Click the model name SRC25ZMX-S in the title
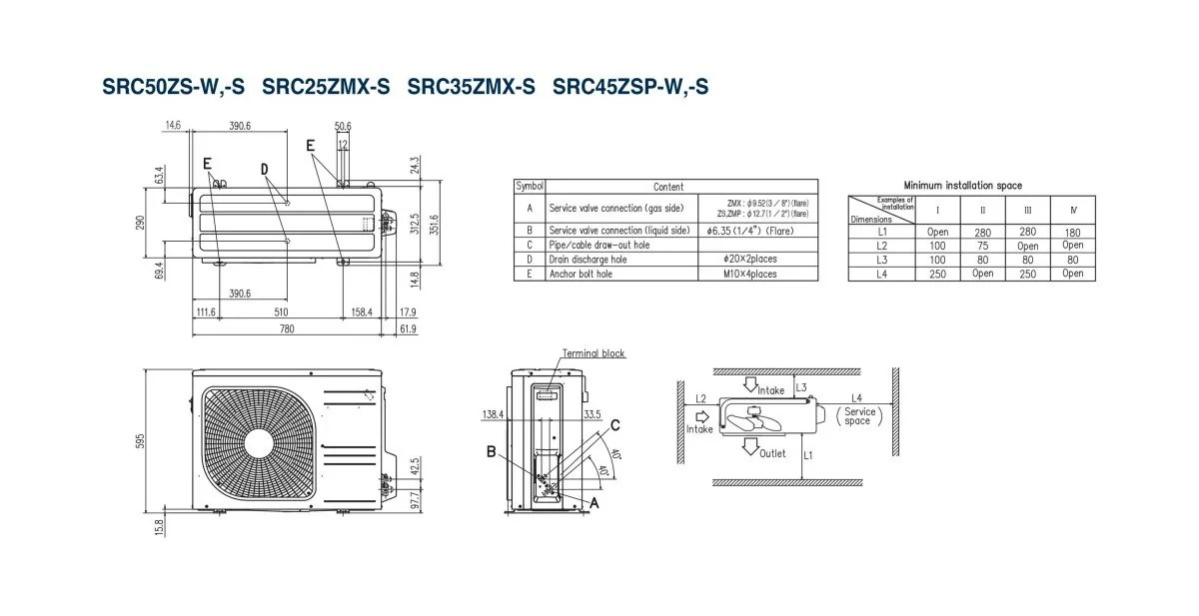click(326, 87)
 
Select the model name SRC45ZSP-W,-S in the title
click(630, 87)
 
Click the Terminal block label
click(594, 353)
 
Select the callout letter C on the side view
click(615, 424)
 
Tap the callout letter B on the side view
click(492, 451)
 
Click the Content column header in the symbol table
click(668, 187)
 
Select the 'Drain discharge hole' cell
click(589, 259)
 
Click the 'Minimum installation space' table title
click(962, 185)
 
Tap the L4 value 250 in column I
click(938, 274)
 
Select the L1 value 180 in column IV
click(1072, 231)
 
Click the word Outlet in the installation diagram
click(771, 453)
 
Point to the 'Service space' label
click(858, 416)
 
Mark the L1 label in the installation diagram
click(808, 455)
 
